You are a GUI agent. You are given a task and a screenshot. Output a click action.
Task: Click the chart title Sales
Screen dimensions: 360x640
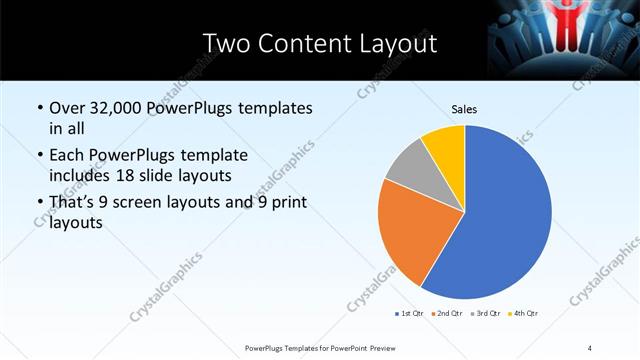[x=465, y=108]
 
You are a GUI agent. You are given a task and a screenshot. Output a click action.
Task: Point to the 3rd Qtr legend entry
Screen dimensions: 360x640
[x=484, y=314]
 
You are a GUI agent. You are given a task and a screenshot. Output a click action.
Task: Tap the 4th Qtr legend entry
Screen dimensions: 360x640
[x=522, y=314]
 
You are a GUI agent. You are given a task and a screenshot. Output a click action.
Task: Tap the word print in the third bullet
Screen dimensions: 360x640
[x=285, y=205]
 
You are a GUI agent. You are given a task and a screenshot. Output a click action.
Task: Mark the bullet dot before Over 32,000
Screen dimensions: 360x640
[x=38, y=109]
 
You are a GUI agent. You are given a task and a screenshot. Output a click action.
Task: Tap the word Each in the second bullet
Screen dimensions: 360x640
[x=67, y=157]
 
